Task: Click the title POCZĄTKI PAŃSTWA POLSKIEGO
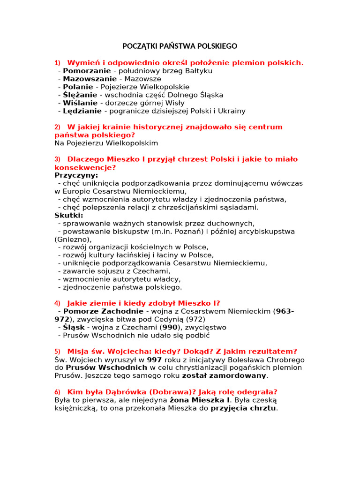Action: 180,46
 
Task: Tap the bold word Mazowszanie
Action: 90,79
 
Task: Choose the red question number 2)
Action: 58,127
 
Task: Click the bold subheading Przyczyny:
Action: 76,175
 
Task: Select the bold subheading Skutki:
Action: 68,215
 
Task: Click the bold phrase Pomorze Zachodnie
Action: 103,311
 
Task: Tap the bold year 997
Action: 154,360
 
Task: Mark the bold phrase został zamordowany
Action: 224,375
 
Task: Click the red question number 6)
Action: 58,391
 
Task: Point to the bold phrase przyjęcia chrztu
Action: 244,408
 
